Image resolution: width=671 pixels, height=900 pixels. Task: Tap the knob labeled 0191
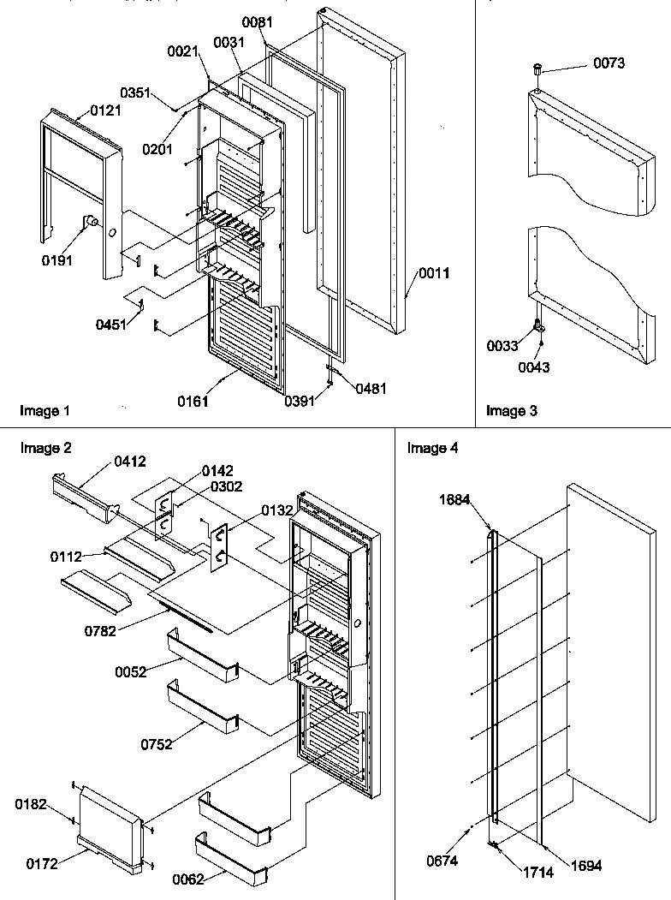pyautogui.click(x=88, y=223)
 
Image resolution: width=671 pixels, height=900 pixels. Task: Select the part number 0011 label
pyautogui.click(x=434, y=274)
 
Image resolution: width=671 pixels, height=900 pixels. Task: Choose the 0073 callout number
pyautogui.click(x=609, y=63)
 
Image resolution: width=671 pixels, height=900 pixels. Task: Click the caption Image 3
pyautogui.click(x=512, y=411)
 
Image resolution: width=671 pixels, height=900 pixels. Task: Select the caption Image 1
pyautogui.click(x=45, y=411)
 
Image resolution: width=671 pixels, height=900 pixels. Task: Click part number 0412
pyautogui.click(x=129, y=462)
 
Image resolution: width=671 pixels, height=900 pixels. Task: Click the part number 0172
pyautogui.click(x=42, y=863)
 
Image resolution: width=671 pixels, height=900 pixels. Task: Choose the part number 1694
pyautogui.click(x=586, y=866)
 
